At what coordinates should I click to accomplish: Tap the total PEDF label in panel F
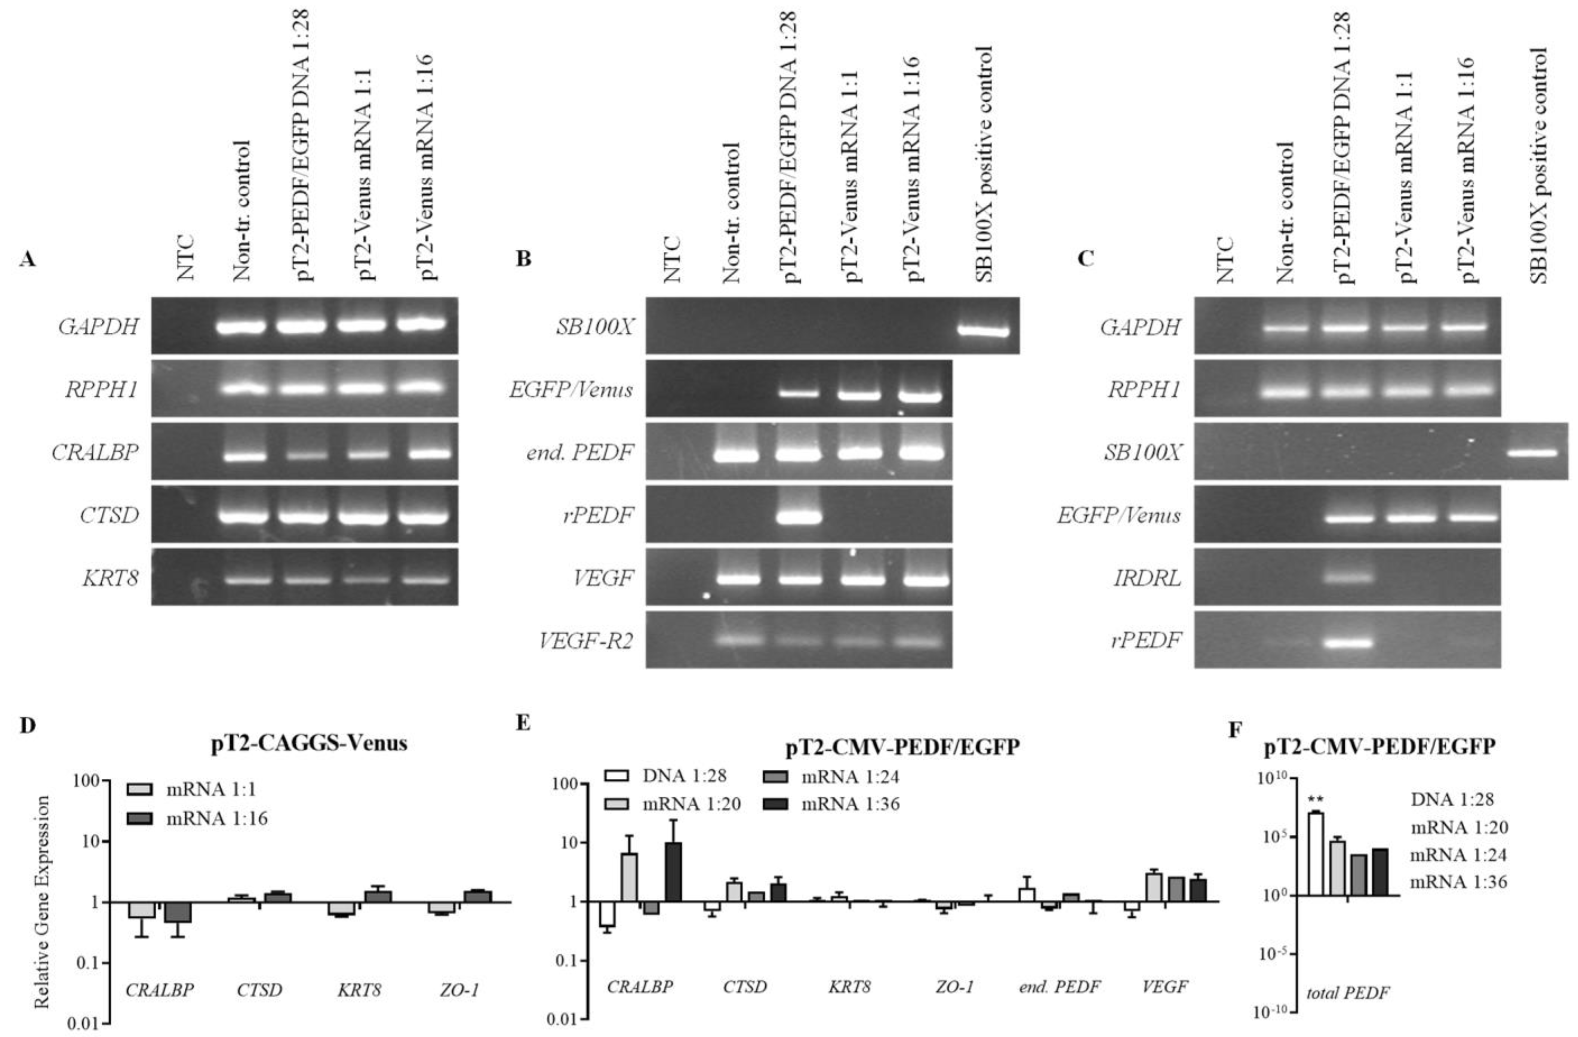[1348, 993]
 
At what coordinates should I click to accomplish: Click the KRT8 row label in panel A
[111, 578]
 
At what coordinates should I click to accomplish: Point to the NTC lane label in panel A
[186, 257]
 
